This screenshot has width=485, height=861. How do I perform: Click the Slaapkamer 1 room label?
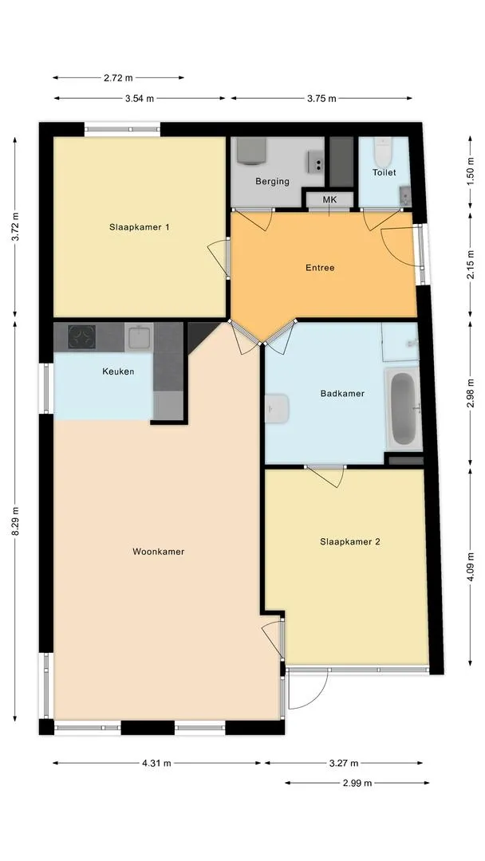[139, 226]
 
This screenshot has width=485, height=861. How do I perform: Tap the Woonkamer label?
[158, 552]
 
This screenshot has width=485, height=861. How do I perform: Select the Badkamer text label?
[342, 393]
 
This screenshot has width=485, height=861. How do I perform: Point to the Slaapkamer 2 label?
[350, 541]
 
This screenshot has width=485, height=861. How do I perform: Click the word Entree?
[320, 268]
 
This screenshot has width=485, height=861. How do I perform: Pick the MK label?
[329, 199]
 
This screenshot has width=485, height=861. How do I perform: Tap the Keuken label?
[118, 372]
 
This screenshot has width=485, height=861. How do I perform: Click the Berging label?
[273, 181]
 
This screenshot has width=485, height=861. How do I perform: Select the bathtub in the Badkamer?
[404, 408]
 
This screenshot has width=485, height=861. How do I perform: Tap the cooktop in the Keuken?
[82, 336]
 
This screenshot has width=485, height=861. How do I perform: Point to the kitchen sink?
[139, 337]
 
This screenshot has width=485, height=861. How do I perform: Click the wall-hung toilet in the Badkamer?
[277, 408]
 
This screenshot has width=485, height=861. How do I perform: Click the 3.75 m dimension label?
[322, 98]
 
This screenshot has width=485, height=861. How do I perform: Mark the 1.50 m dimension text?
[470, 172]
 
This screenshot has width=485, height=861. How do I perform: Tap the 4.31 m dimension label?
[156, 763]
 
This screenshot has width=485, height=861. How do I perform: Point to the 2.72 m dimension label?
[118, 78]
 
